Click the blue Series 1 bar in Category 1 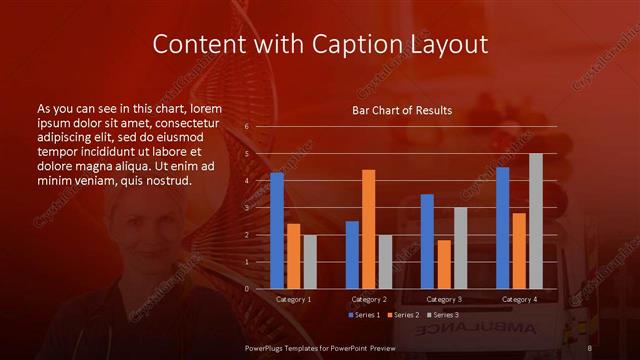point(277,230)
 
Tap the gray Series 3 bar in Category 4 point(535,221)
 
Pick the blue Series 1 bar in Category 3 point(427,241)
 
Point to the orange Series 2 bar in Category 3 point(443,264)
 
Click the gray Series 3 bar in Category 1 point(309,262)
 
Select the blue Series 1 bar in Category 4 point(502,227)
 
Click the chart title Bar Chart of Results point(402,110)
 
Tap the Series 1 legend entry point(366,315)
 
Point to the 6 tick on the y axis point(247,127)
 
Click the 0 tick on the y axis point(247,289)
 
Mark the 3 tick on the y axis point(247,208)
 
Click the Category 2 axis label point(369,299)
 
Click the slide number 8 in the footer point(590,348)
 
